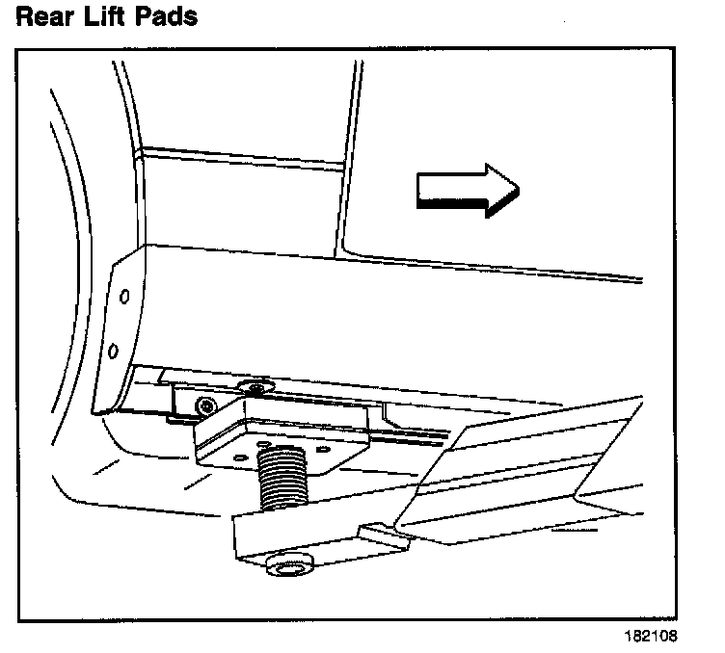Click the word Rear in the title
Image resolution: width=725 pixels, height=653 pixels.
point(46,16)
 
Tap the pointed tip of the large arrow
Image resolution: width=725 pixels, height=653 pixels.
point(517,186)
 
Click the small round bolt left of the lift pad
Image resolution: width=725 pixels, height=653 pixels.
point(202,405)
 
